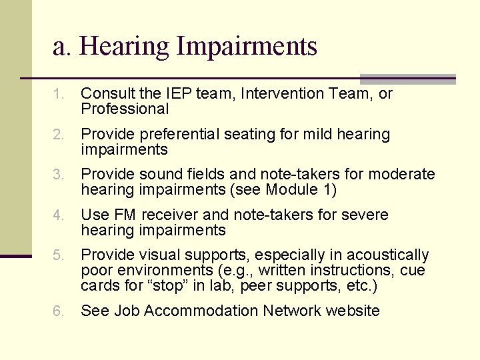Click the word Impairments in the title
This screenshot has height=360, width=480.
247,47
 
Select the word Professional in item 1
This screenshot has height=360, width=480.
125,109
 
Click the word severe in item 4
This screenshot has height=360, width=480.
365,215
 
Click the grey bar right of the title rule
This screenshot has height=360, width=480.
407,79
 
